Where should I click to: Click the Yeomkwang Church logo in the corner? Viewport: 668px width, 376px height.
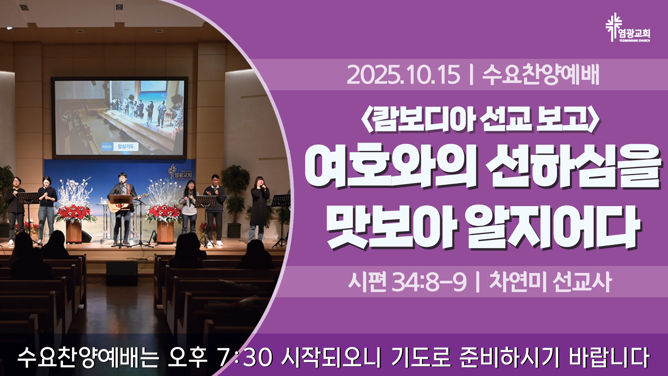click(x=628, y=28)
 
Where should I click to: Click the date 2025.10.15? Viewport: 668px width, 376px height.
click(x=403, y=75)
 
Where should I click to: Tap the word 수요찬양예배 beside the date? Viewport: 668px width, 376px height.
click(x=541, y=75)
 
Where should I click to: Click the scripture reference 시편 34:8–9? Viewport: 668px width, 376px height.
click(x=407, y=282)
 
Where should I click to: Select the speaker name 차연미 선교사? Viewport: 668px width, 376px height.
click(x=550, y=282)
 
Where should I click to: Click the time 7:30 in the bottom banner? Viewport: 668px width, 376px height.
click(x=245, y=357)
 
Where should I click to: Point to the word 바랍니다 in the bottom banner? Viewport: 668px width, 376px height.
click(x=609, y=357)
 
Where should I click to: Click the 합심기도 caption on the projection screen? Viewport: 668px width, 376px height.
click(x=126, y=146)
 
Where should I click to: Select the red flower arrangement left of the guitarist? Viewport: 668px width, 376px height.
click(x=74, y=213)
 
